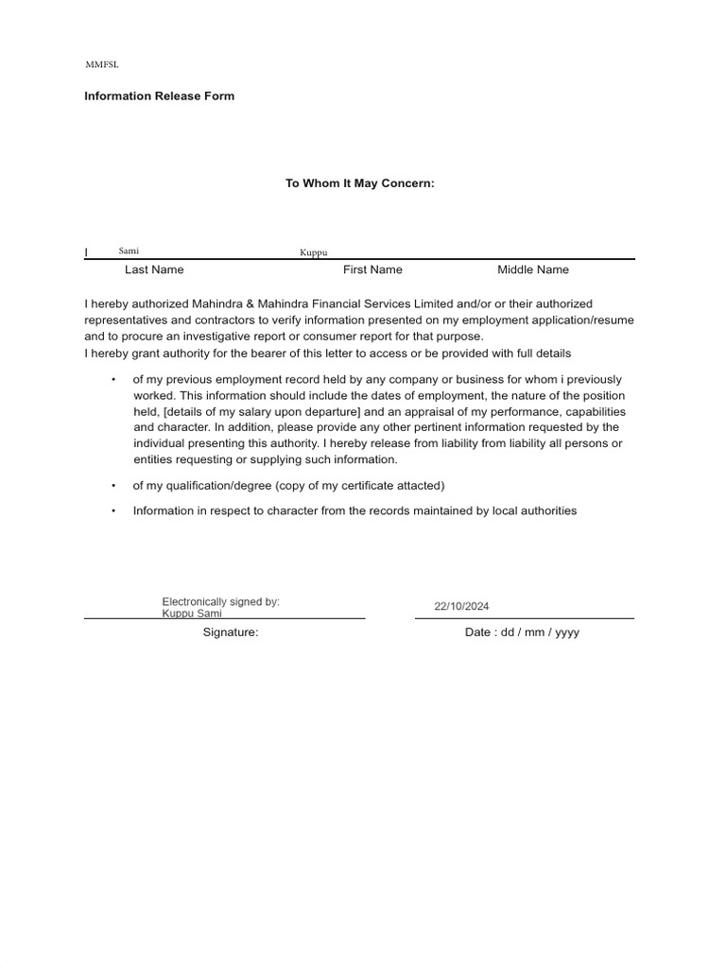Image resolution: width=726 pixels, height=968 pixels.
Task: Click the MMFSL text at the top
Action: coord(102,65)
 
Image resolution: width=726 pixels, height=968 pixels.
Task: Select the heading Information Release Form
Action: coord(159,95)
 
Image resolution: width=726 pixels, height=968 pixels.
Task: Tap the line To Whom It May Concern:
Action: coord(360,183)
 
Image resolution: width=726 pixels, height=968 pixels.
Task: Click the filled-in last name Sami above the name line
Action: coord(129,251)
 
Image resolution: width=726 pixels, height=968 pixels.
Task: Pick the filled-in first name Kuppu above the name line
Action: coord(313,252)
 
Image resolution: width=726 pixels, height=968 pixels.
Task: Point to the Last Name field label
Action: coord(154,269)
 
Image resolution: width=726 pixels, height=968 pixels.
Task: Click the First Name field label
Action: coord(372,269)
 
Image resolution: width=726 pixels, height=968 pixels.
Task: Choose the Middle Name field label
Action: coord(533,269)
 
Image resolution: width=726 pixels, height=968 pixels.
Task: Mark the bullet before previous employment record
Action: coord(113,379)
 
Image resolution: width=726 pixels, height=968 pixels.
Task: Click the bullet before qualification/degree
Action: coord(113,485)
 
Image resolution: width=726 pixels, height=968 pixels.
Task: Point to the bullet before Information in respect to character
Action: coord(113,510)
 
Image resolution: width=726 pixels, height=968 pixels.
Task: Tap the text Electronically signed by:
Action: coord(220,602)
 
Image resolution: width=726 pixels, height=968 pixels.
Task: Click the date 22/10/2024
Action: coord(461,607)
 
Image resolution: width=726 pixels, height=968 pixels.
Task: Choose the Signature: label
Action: coord(231,632)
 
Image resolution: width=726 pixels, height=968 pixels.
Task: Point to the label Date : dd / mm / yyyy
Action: coord(522,632)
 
